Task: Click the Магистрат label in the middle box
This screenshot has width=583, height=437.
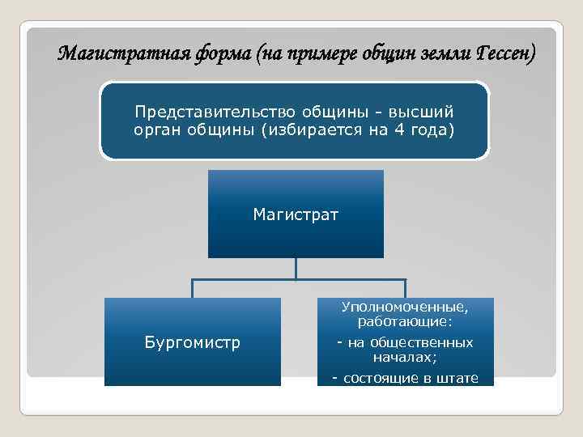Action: pos(296,214)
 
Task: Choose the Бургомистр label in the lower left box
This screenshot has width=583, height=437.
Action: pos(192,342)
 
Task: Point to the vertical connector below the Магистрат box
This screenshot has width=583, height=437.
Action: pos(296,269)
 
